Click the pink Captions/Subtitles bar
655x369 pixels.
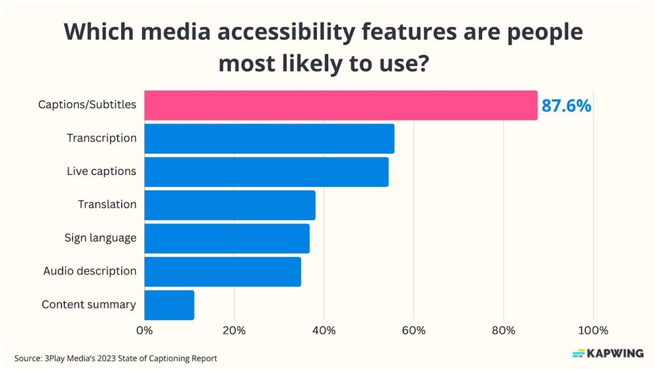pyautogui.click(x=341, y=105)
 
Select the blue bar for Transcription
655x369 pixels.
pyautogui.click(x=269, y=138)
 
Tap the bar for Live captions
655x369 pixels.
pyautogui.click(x=266, y=172)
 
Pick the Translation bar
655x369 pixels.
pyautogui.click(x=229, y=205)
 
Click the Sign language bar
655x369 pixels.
pyautogui.click(x=227, y=239)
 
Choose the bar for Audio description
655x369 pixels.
pyautogui.click(x=223, y=271)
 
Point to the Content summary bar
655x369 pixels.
pyautogui.click(x=169, y=305)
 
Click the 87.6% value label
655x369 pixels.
pyautogui.click(x=566, y=106)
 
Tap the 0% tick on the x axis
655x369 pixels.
pyautogui.click(x=144, y=330)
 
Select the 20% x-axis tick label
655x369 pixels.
pyautogui.click(x=234, y=330)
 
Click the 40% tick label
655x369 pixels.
pyautogui.click(x=324, y=330)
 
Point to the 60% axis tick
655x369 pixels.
pyautogui.click(x=413, y=330)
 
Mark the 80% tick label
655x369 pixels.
pyautogui.click(x=503, y=330)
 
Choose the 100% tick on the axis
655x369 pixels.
pyautogui.click(x=593, y=330)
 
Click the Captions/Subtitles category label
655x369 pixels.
pyautogui.click(x=87, y=105)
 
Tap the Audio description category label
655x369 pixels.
pyautogui.click(x=90, y=271)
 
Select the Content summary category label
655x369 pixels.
pyautogui.click(x=89, y=305)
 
